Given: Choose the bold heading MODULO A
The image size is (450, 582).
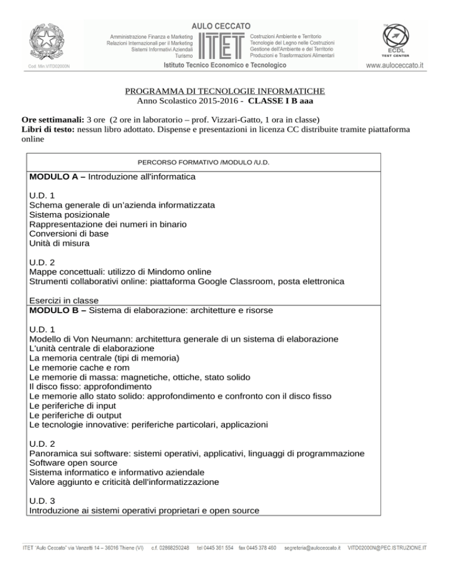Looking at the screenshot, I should click(56, 176).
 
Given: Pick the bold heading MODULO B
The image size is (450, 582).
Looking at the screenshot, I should click(56, 309).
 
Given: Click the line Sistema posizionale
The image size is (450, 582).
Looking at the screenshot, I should click(69, 214).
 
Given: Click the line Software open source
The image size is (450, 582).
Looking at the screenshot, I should click(73, 463).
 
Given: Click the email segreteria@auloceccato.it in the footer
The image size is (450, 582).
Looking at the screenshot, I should click(312, 548).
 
